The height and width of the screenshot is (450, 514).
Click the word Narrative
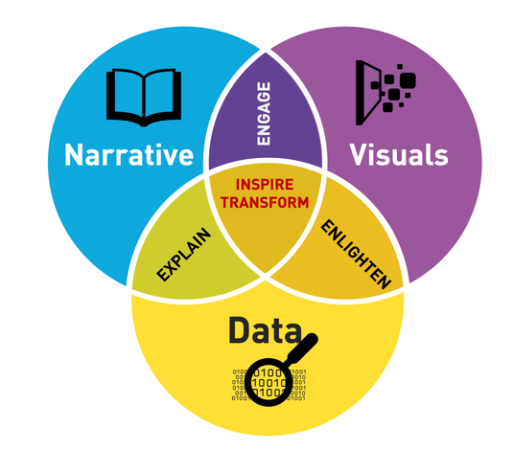pos(128,155)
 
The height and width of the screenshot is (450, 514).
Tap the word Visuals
pos(399,154)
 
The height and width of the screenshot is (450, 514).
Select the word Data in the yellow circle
pos(265,330)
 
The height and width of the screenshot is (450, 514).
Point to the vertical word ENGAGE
pos(264,113)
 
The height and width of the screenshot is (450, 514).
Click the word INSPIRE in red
pos(265,185)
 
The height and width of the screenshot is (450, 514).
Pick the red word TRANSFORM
pos(265,203)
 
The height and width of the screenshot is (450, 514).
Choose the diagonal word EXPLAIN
pos(183,255)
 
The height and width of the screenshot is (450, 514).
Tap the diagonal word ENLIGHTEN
pos(356,255)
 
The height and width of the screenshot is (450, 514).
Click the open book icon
pos(144,98)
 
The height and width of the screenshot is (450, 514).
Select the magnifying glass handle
pos(302,349)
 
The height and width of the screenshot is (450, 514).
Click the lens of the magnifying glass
pos(269,382)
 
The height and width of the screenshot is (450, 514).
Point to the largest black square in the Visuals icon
pos(408,80)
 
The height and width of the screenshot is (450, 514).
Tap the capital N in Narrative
pos(73,155)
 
